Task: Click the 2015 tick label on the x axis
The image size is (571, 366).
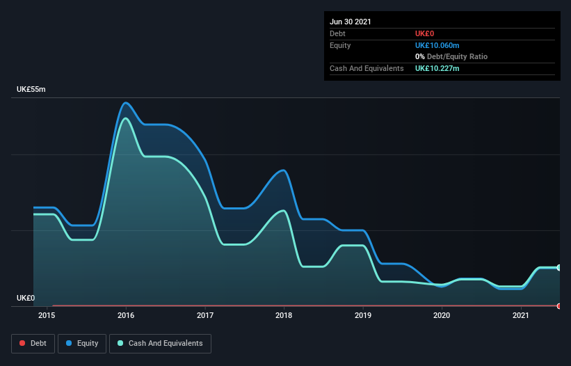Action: point(47,315)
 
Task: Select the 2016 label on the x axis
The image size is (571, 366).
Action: point(126,315)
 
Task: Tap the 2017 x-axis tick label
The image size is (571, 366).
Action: point(205,315)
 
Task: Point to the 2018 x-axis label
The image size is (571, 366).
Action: point(284,315)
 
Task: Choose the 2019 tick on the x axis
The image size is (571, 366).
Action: point(362,315)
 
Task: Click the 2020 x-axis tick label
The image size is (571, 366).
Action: point(442,315)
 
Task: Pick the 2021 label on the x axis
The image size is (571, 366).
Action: point(521,315)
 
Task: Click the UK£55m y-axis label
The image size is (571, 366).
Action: point(31,90)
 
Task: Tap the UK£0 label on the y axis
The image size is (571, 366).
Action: point(26,298)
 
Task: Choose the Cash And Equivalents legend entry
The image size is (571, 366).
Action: point(160,343)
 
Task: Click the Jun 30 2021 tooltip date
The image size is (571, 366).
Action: point(351,22)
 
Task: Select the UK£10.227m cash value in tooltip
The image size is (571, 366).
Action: point(437,68)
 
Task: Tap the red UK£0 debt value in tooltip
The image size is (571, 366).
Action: point(424,33)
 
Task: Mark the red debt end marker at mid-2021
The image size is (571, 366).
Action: point(559,305)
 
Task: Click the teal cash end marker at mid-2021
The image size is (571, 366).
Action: point(559,267)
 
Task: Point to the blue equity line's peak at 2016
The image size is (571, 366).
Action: point(125,103)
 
